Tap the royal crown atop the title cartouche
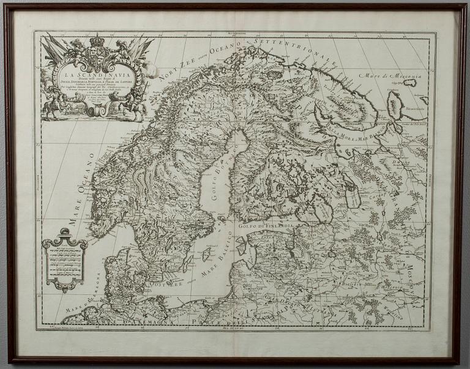97,41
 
